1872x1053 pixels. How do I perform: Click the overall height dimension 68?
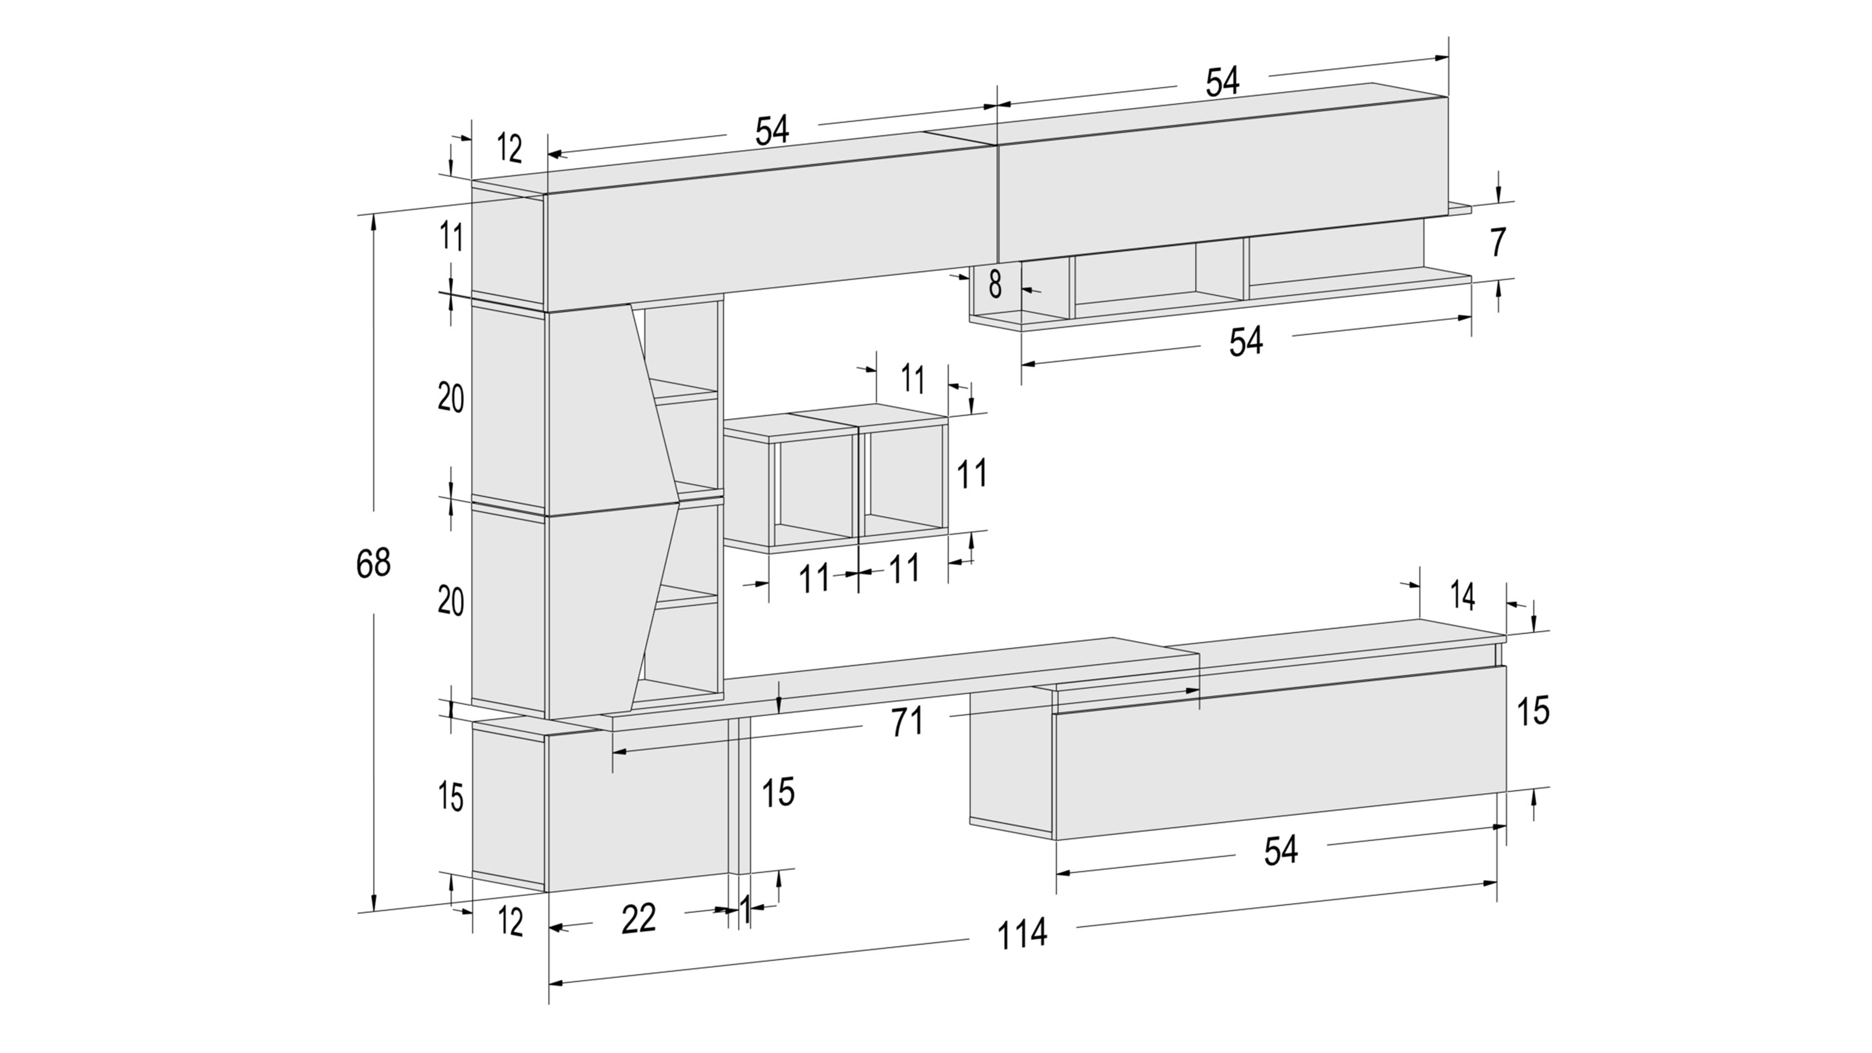373,563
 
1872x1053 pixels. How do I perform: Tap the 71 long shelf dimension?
906,721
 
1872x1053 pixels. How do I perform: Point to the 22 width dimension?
639,918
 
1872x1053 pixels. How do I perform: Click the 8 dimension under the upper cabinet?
995,284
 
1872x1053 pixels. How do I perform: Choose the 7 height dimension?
1498,243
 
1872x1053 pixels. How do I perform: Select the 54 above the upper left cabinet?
772,131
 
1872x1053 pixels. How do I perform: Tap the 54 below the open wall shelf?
1246,342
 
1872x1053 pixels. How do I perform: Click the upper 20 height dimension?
450,398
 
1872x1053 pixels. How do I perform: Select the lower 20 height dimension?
450,602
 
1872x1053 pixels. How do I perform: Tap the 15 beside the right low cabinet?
1533,711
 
